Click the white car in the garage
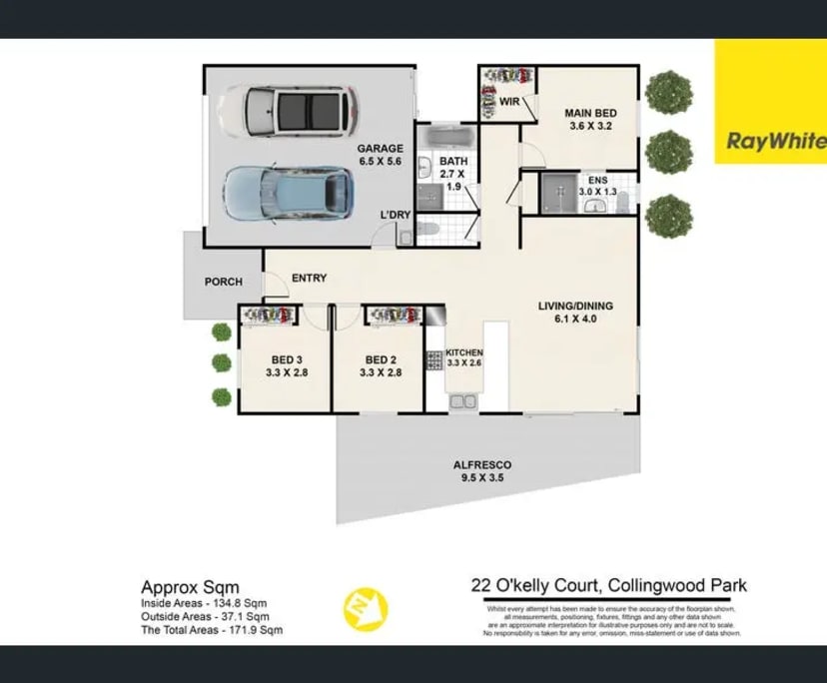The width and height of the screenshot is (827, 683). coord(288,111)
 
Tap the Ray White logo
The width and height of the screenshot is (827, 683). coord(770,141)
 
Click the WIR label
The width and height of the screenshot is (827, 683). coord(508,102)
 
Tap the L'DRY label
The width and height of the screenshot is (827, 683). coord(395,216)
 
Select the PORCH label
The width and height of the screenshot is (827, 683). coord(223,282)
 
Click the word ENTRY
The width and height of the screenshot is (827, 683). coord(309,279)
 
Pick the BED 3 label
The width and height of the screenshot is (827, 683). coord(286,366)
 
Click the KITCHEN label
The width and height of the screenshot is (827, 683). coord(463,357)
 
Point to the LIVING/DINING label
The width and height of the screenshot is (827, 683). coord(574,313)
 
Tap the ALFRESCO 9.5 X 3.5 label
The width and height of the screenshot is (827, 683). coord(482,471)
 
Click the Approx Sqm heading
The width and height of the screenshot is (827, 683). coord(190,587)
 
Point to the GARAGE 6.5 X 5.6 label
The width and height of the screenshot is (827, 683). coord(380,155)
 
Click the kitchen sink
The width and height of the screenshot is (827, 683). coord(462,401)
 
